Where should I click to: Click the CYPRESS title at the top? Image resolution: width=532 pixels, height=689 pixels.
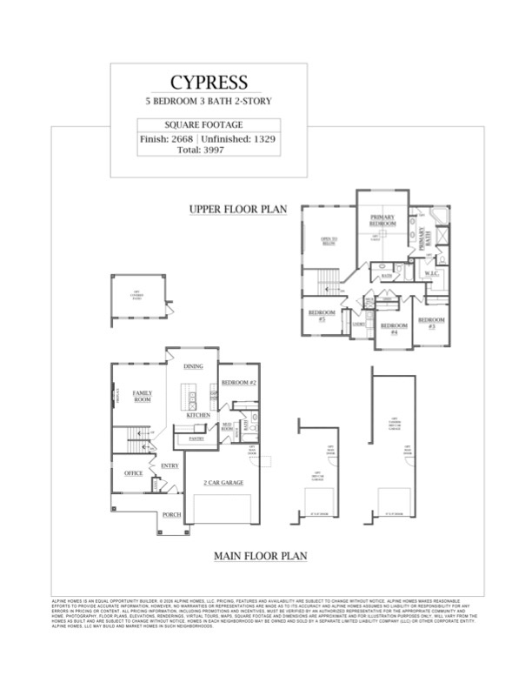[209, 83]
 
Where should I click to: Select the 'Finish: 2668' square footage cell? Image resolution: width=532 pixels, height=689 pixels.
[167, 139]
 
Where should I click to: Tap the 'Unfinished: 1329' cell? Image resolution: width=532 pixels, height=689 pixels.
[240, 139]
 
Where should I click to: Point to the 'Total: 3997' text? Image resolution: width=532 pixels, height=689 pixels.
[209, 151]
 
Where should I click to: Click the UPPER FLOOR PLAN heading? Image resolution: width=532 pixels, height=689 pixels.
[238, 210]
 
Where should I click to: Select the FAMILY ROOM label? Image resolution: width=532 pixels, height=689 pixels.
[143, 397]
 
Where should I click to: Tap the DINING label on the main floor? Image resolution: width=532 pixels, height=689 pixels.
[193, 367]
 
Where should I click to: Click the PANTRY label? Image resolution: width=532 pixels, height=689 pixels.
[196, 439]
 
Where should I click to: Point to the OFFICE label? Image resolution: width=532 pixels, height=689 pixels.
[133, 473]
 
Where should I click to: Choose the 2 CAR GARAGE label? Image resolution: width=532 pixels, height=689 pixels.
[223, 482]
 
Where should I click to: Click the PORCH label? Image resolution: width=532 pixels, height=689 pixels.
[172, 515]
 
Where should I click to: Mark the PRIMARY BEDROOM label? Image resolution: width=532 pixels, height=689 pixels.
[383, 220]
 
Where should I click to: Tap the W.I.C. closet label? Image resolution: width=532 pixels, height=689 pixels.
[432, 274]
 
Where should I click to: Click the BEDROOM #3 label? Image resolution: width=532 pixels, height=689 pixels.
[431, 323]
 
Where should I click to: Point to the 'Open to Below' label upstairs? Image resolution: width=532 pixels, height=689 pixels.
[329, 241]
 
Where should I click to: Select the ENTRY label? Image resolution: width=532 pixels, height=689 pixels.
[170, 467]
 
